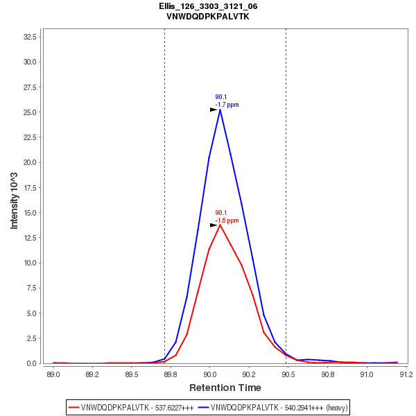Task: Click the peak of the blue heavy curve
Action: pyautogui.click(x=220, y=110)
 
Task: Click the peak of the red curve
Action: pyautogui.click(x=220, y=225)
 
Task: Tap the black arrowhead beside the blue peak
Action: pyautogui.click(x=214, y=110)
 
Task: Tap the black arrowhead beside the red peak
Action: pyautogui.click(x=214, y=225)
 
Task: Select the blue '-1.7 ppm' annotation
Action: pyautogui.click(x=227, y=105)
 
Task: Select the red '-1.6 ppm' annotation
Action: pyautogui.click(x=227, y=220)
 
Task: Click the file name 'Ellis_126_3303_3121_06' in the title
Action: pyautogui.click(x=208, y=6)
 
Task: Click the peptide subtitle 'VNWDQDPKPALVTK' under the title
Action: pyautogui.click(x=208, y=16)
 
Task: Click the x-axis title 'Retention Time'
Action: pyautogui.click(x=225, y=388)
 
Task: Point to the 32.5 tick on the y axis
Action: pyautogui.click(x=31, y=36)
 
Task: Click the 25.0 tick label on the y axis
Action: pyautogui.click(x=31, y=112)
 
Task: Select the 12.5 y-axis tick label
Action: pyautogui.click(x=31, y=238)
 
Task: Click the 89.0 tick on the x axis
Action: pyautogui.click(x=53, y=374)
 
